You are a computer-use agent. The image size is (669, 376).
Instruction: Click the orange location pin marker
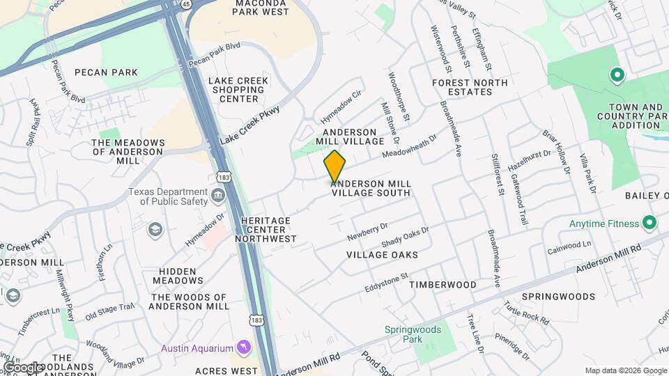click(x=334, y=166)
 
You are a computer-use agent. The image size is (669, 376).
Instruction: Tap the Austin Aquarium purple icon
click(x=243, y=347)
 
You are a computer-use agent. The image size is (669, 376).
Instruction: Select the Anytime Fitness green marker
click(x=649, y=224)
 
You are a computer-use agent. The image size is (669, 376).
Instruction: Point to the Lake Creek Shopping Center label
click(x=239, y=90)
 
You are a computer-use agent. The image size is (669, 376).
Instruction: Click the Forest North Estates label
click(x=470, y=87)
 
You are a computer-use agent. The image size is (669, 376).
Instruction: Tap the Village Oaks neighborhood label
click(x=383, y=255)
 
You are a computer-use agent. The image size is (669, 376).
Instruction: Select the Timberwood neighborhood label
click(x=443, y=285)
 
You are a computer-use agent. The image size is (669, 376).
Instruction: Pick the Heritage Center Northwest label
click(x=268, y=229)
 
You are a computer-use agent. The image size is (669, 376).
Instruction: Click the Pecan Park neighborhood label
click(x=106, y=72)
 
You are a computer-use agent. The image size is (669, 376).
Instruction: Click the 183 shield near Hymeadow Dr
click(x=223, y=178)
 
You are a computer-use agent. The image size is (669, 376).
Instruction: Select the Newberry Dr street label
click(x=367, y=232)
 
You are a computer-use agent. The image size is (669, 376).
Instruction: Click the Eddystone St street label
click(x=386, y=283)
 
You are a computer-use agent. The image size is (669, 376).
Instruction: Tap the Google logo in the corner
click(x=22, y=366)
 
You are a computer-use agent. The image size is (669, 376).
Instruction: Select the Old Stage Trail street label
click(x=109, y=312)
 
